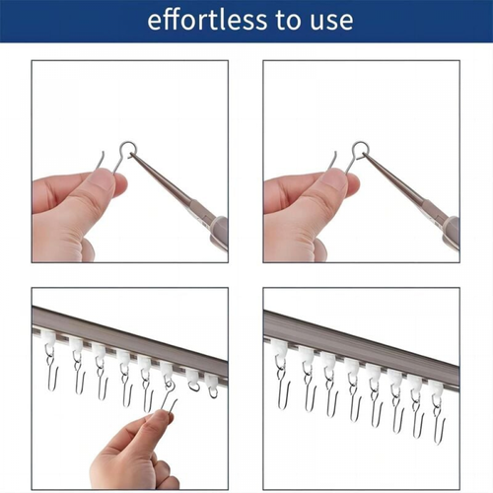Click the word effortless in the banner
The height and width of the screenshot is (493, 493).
(207, 20)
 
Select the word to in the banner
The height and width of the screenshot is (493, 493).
(289, 21)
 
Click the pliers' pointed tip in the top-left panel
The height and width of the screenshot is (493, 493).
(130, 153)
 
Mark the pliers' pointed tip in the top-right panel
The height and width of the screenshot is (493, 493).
(365, 153)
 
